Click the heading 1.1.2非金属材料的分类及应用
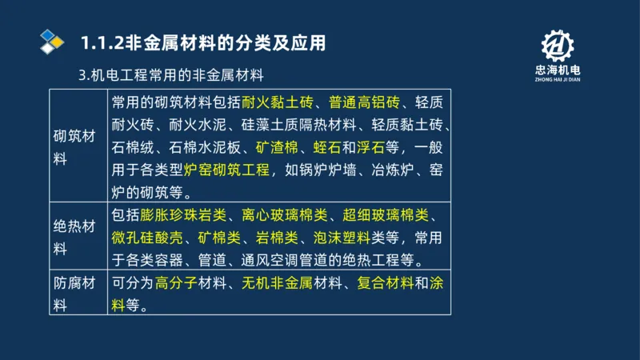(203, 42)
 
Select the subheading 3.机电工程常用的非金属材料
(171, 76)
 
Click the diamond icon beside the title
(52, 40)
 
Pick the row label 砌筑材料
(74, 147)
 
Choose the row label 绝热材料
(74, 237)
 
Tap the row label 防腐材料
(74, 293)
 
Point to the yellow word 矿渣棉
(277, 147)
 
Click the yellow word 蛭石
(326, 147)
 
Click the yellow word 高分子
(175, 282)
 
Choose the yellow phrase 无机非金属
(276, 282)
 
